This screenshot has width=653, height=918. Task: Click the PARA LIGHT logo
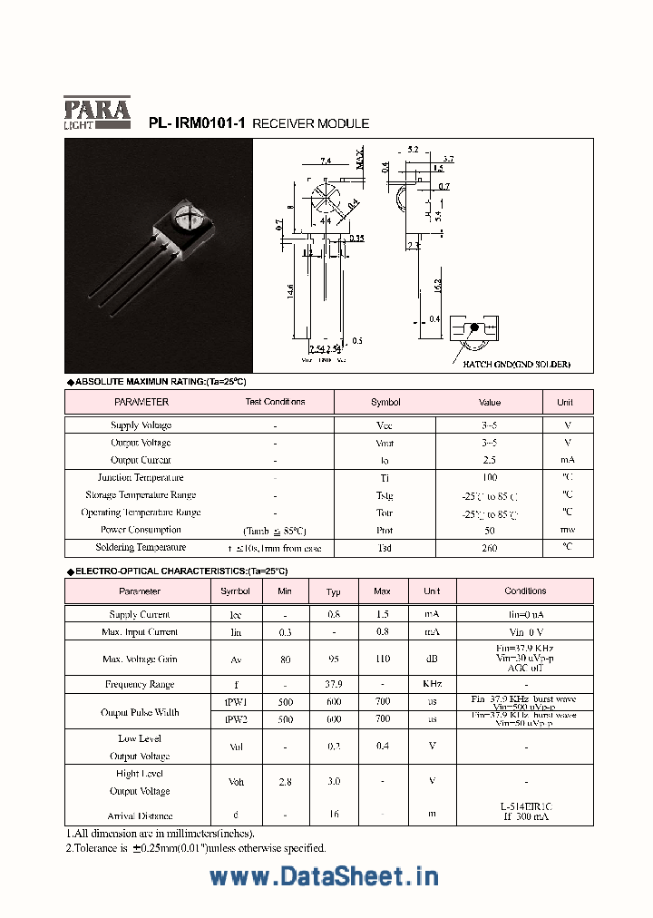point(97,112)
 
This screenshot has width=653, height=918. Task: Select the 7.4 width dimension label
point(325,161)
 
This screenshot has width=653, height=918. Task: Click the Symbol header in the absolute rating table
point(385,402)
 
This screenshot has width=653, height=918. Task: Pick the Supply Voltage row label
point(141,425)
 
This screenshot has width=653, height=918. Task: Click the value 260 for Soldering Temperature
point(490,548)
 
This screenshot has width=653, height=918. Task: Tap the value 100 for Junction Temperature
point(490,478)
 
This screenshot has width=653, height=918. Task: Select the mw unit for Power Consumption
point(567,530)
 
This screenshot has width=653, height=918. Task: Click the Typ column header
point(333,591)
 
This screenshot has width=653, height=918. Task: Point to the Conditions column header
point(525,591)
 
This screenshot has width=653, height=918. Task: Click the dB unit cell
point(432,659)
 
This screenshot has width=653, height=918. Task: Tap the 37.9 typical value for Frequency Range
point(333,685)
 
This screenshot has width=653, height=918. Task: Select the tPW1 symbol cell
point(235,701)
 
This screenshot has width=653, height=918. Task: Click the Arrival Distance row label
point(140,816)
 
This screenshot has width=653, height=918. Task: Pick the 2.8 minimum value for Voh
point(285,781)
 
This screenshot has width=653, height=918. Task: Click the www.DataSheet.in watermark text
point(324,876)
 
